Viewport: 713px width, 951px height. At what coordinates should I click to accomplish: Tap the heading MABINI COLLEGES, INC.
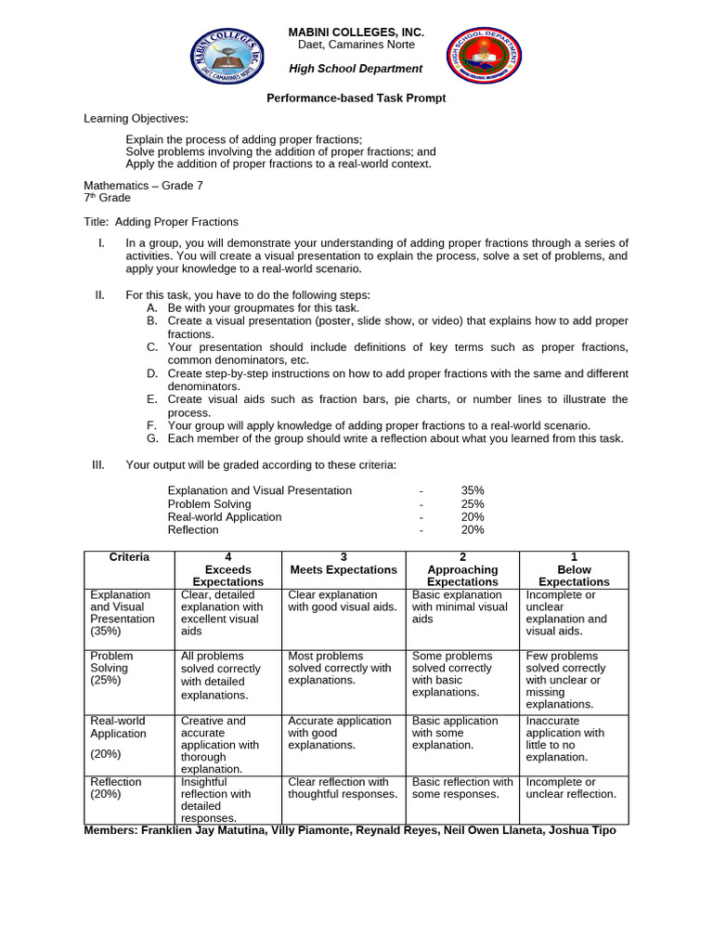click(356, 33)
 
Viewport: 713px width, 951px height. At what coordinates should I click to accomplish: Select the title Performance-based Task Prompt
click(356, 98)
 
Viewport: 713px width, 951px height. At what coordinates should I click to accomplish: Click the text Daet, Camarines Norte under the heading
click(356, 45)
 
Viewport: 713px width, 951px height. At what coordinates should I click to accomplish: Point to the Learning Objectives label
click(136, 118)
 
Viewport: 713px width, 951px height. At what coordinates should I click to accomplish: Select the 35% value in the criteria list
click(473, 490)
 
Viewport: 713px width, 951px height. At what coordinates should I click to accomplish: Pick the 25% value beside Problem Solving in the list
click(473, 503)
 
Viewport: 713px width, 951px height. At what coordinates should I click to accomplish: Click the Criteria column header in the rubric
click(129, 557)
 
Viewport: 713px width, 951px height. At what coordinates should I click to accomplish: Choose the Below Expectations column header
click(574, 569)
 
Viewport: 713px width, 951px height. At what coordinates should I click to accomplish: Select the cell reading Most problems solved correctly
click(340, 668)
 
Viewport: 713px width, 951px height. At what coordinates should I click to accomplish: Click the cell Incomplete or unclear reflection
click(571, 788)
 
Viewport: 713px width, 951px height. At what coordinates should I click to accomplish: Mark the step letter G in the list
click(151, 438)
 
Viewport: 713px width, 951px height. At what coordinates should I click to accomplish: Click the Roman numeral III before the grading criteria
click(98, 464)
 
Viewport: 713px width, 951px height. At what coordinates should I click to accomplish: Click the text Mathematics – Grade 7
click(143, 185)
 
